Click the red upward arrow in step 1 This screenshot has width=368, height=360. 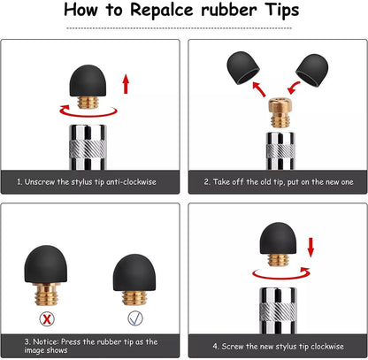click(126, 84)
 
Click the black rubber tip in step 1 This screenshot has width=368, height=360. click(88, 80)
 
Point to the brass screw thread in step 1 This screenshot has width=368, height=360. click(88, 103)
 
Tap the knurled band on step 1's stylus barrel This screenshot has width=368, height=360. click(88, 149)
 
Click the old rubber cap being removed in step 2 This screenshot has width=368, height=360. click(243, 68)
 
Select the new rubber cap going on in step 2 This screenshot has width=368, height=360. click(312, 70)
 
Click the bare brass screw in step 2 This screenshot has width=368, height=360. click(280, 112)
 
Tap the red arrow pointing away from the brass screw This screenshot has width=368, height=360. click(259, 89)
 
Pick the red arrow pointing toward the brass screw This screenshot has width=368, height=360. click(294, 88)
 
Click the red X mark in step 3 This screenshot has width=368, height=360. click(47, 318)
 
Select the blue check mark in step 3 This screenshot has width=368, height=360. click(135, 318)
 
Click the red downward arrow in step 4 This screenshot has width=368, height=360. click(310, 247)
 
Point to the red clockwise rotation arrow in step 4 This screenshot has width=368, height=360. click(281, 274)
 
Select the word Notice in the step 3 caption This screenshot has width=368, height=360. click(46, 341)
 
